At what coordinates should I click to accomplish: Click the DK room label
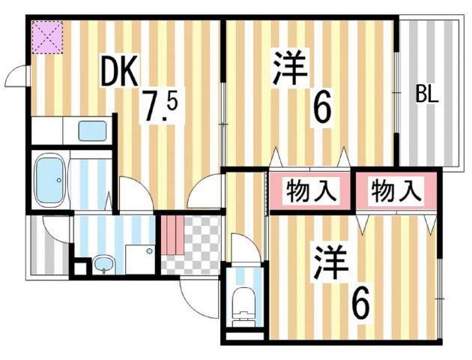pyautogui.click(x=119, y=73)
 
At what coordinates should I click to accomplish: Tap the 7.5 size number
pyautogui.click(x=161, y=108)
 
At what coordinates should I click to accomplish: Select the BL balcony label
pyautogui.click(x=427, y=95)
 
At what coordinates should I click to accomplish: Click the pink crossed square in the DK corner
pyautogui.click(x=46, y=37)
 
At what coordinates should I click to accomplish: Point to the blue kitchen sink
pyautogui.click(x=92, y=131)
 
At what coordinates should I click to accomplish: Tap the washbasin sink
pyautogui.click(x=103, y=264)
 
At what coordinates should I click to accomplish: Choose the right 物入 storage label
pyautogui.click(x=396, y=190)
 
